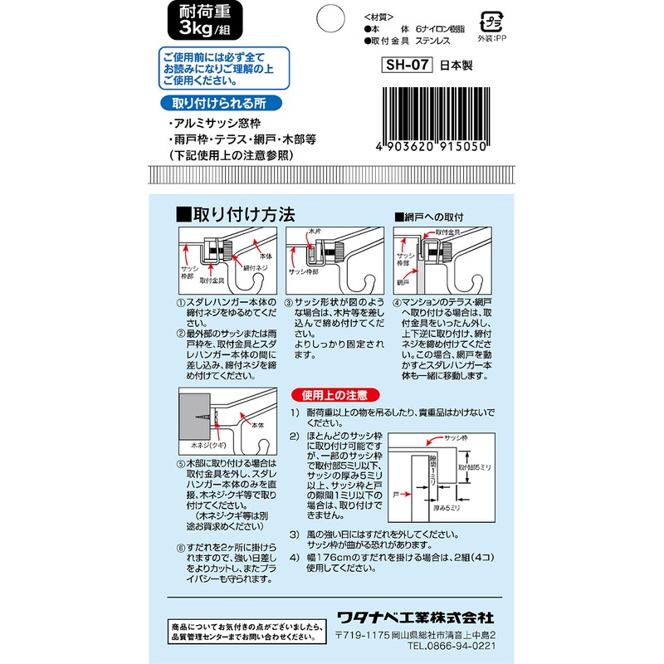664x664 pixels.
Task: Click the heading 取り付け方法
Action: (x=236, y=214)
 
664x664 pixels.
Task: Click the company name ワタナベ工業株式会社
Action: (x=415, y=618)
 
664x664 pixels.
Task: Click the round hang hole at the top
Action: (x=332, y=17)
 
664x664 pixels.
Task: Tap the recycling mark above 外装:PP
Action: (x=492, y=21)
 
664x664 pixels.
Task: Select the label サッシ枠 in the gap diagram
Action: (x=459, y=437)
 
